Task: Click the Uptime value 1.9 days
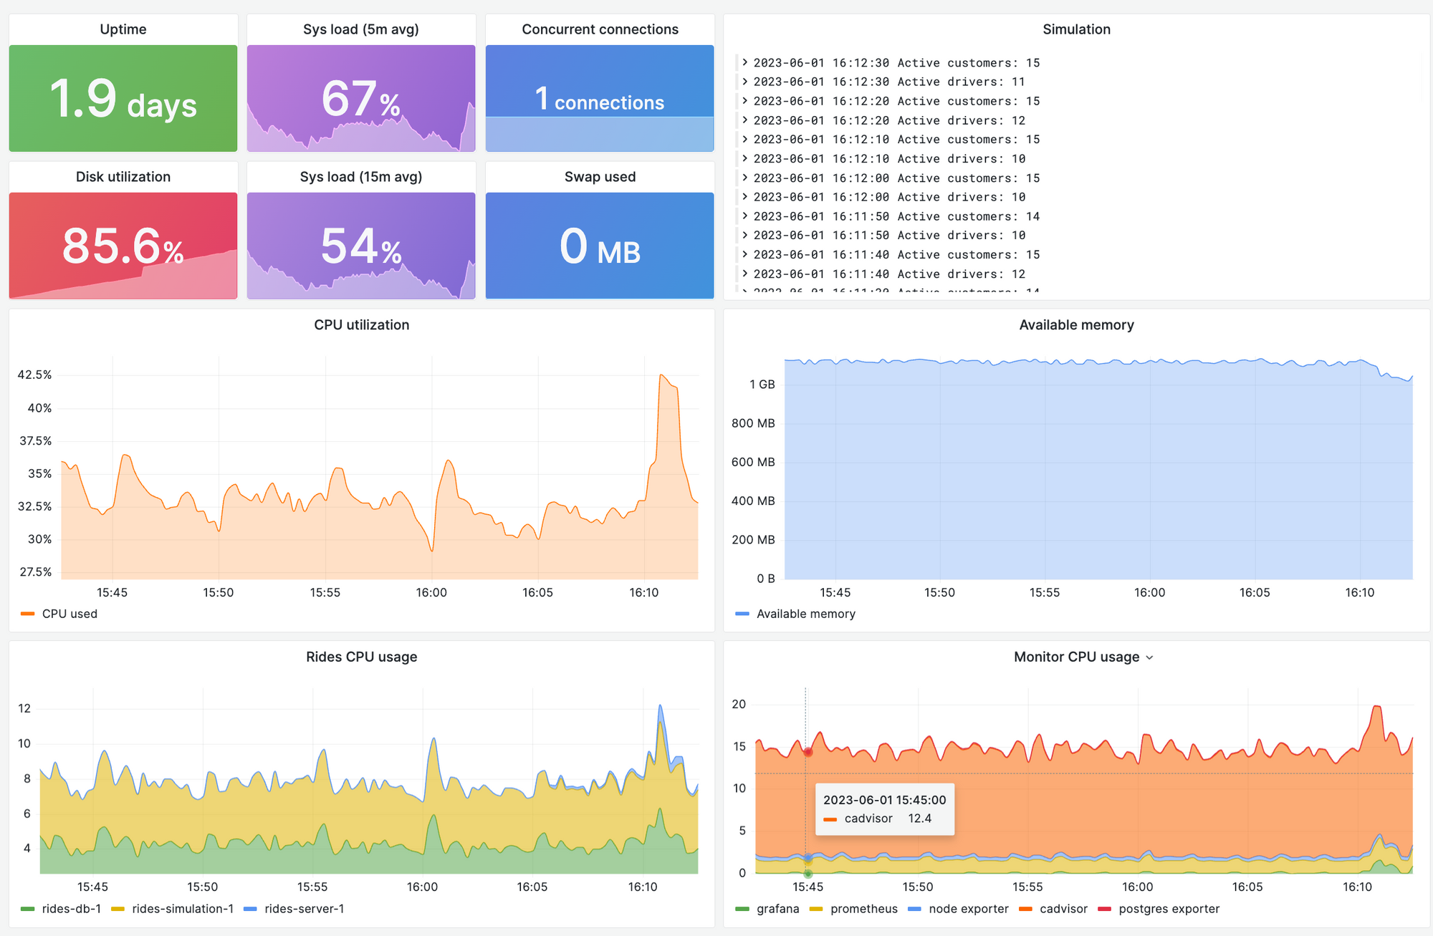click(123, 100)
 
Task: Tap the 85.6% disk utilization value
click(123, 246)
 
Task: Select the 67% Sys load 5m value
click(360, 100)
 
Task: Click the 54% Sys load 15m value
click(360, 246)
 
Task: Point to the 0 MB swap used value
click(600, 247)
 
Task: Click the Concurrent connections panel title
click(600, 29)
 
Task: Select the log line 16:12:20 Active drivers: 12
click(888, 120)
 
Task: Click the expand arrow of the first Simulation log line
click(745, 62)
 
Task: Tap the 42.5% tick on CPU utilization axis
click(34, 375)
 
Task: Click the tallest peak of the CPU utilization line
click(661, 375)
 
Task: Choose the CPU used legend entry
click(69, 614)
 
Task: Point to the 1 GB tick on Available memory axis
click(762, 385)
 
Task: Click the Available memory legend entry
click(805, 614)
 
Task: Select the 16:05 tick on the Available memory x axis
click(1254, 592)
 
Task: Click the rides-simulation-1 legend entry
click(182, 909)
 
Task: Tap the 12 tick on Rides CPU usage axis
click(24, 708)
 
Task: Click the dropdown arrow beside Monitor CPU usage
click(1150, 657)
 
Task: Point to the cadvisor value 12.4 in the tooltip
click(919, 819)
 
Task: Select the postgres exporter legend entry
click(1168, 909)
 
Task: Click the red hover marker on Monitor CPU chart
click(807, 752)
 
